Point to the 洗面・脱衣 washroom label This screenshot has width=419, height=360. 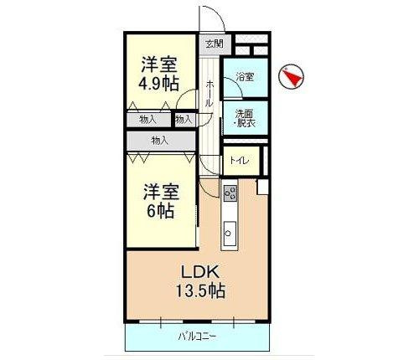point(245,117)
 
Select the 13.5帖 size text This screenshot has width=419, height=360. point(199,291)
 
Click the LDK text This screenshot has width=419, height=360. point(199,271)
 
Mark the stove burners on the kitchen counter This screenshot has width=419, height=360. point(230,194)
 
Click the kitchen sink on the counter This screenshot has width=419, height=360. point(230,232)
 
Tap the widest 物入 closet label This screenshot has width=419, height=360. point(160,141)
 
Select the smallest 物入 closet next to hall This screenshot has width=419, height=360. point(184,120)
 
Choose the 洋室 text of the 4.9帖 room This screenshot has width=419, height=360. point(158,63)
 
